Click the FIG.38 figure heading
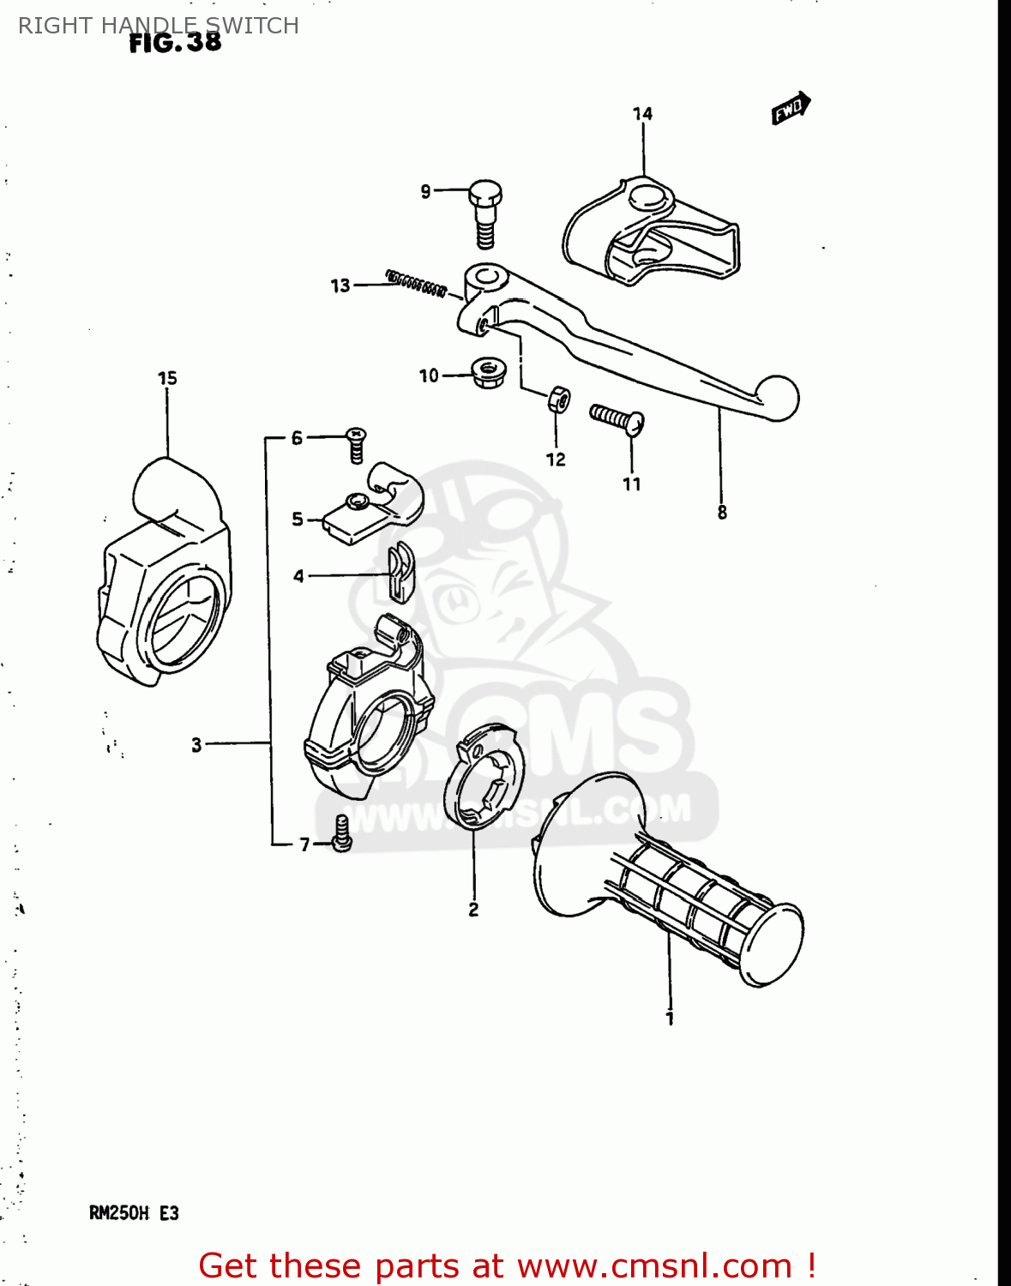click(x=175, y=43)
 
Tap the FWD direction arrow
click(x=791, y=108)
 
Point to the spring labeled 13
click(x=416, y=283)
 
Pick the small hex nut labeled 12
click(x=557, y=399)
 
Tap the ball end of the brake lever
click(x=778, y=399)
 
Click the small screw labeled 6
click(x=356, y=444)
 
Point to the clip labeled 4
click(x=400, y=572)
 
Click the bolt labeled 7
click(x=341, y=833)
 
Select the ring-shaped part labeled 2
click(x=484, y=777)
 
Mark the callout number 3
click(x=196, y=744)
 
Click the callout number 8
click(x=722, y=513)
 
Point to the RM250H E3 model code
click(x=134, y=1213)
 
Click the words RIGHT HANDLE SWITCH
click(x=159, y=26)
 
